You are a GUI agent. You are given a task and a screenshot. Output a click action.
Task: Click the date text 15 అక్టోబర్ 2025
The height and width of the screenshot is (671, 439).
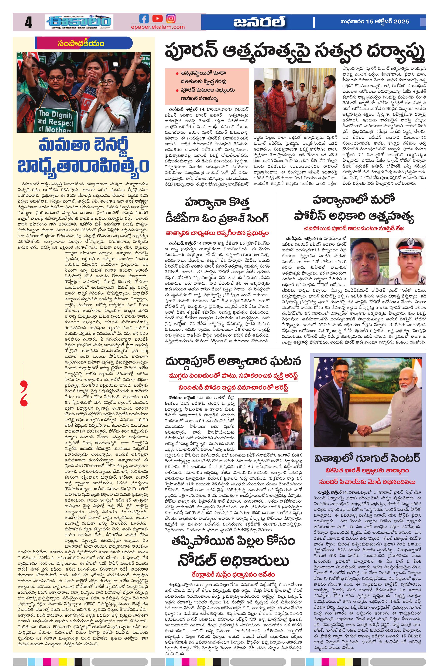tap(388, 22)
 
